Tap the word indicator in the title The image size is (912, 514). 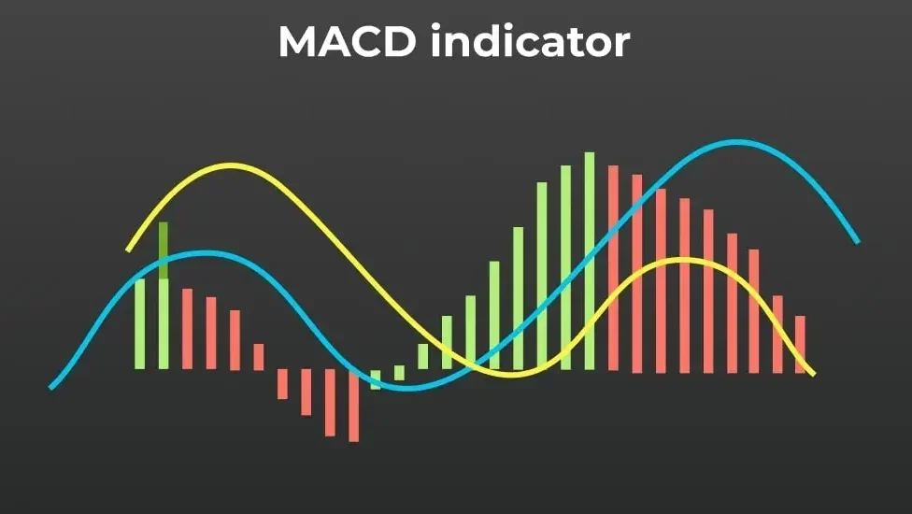[x=530, y=42]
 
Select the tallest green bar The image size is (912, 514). [x=589, y=262]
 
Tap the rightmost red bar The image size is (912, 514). [x=800, y=344]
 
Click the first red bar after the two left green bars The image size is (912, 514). [x=187, y=329]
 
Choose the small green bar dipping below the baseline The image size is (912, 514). [x=376, y=378]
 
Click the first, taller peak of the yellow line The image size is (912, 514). [x=231, y=166]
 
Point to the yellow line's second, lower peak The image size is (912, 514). [x=682, y=260]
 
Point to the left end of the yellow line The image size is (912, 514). [x=129, y=249]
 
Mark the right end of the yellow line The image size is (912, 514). [x=812, y=374]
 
